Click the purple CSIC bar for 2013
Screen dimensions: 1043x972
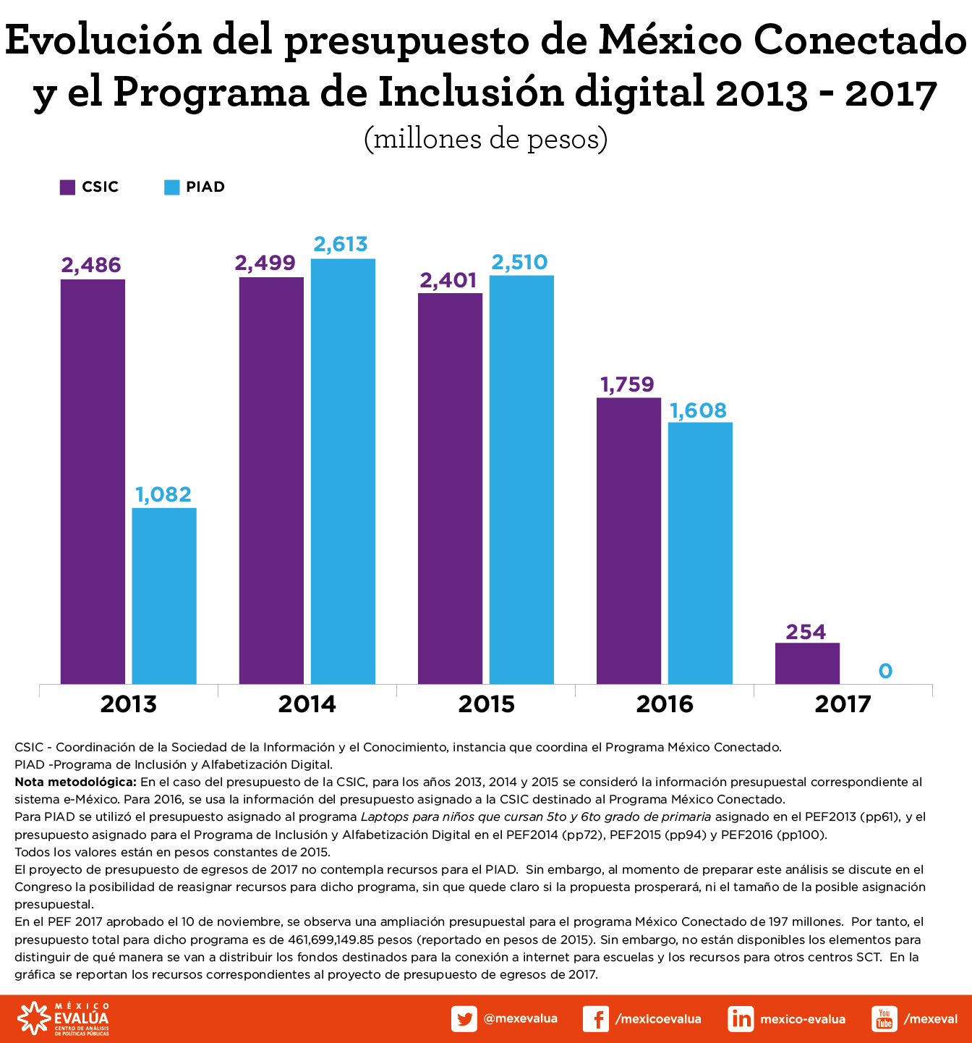click(x=93, y=481)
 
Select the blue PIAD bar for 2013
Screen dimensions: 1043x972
click(x=164, y=596)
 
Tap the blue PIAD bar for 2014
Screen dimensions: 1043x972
click(x=343, y=471)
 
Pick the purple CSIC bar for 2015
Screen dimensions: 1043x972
click(x=450, y=489)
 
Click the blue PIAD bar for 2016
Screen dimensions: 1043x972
click(x=700, y=553)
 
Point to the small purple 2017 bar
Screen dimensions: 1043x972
click(x=807, y=663)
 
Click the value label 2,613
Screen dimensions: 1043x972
click(x=341, y=245)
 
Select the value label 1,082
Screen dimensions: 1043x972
click(x=163, y=494)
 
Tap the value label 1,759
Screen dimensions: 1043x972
click(x=627, y=384)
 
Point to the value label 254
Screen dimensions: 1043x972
click(x=806, y=632)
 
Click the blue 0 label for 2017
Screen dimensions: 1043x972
click(x=885, y=671)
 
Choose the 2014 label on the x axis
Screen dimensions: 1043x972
click(x=307, y=704)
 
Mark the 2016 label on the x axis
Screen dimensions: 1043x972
click(x=665, y=704)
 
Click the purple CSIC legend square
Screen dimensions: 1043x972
click(x=67, y=187)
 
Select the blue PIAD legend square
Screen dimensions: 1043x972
click(x=171, y=187)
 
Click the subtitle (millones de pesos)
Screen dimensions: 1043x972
click(x=485, y=138)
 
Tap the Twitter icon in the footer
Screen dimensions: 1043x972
click(x=464, y=1019)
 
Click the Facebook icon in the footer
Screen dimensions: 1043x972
click(x=595, y=1019)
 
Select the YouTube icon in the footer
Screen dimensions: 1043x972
click(x=884, y=1019)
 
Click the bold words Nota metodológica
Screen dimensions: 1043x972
click(x=75, y=782)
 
